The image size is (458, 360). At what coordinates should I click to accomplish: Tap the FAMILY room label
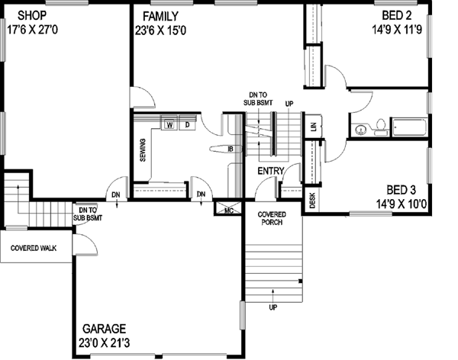tap(159, 15)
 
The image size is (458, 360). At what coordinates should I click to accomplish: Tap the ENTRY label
tap(272, 170)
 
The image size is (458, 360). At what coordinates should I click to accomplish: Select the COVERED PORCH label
tap(272, 220)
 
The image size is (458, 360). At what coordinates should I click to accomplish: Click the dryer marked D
tap(185, 124)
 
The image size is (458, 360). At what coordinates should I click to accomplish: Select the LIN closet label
tap(313, 126)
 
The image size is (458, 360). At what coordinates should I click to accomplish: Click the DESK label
tap(312, 199)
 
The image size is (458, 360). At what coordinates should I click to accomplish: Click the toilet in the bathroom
tap(379, 128)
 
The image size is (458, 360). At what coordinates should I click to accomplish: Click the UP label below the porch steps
tap(273, 308)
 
